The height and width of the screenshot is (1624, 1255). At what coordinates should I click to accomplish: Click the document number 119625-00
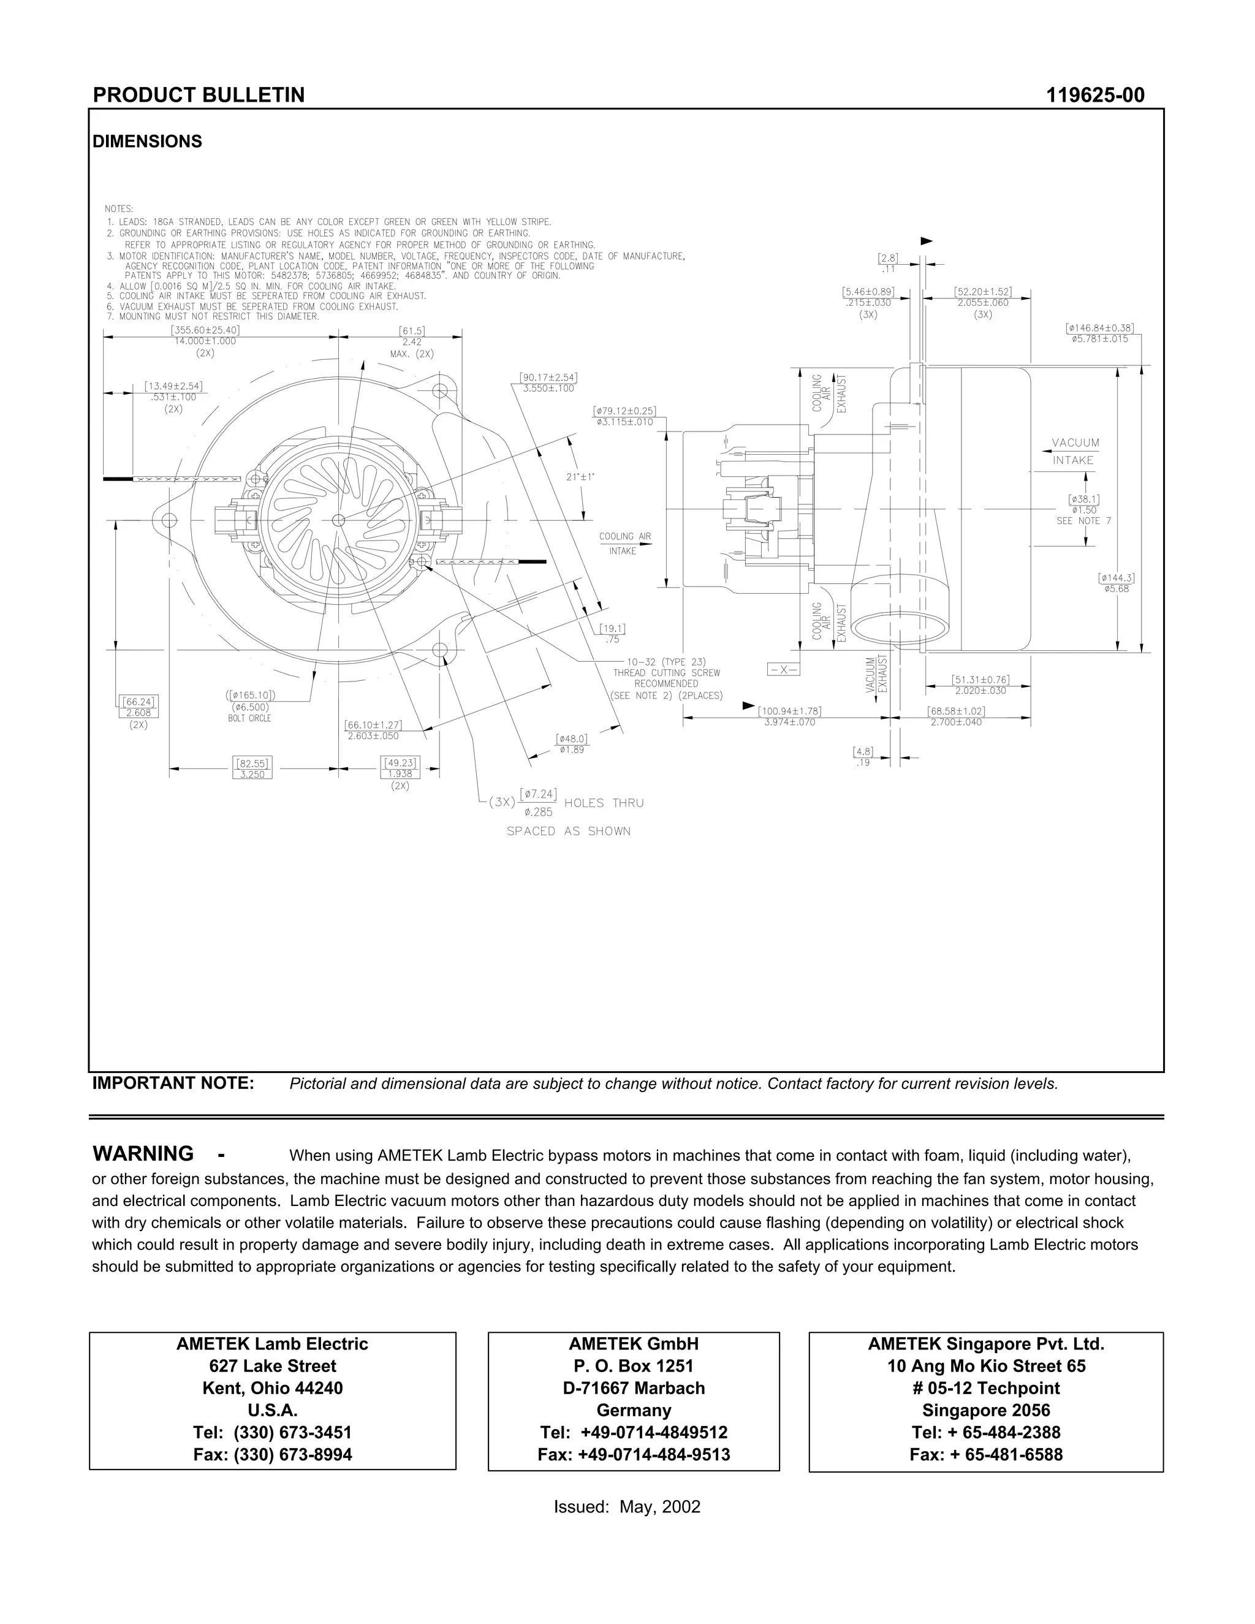click(1094, 95)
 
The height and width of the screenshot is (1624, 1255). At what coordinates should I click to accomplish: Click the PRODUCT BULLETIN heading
click(199, 95)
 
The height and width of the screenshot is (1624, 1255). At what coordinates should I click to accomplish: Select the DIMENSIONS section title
click(147, 142)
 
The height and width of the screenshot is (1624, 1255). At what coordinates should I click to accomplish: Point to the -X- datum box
click(783, 669)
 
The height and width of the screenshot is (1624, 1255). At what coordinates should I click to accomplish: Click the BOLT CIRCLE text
click(249, 718)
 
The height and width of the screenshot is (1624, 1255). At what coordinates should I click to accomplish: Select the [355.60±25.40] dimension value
click(205, 330)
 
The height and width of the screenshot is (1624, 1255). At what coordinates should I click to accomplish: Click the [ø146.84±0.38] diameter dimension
click(1099, 328)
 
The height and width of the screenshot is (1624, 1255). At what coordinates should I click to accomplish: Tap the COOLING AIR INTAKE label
click(624, 544)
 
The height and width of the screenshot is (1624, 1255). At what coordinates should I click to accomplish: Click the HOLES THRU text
click(604, 803)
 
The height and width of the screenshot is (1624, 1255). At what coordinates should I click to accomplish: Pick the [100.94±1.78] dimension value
click(789, 711)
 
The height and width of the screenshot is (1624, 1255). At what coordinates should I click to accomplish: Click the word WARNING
click(143, 1153)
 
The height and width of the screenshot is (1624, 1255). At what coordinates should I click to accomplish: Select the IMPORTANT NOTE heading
click(173, 1083)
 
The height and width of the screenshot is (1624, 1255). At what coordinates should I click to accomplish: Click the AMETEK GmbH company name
click(634, 1344)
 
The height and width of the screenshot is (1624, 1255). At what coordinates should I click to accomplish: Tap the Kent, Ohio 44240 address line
click(272, 1387)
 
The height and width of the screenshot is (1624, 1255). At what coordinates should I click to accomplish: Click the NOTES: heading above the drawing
click(119, 209)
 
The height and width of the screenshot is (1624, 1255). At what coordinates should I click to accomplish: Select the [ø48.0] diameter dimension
click(572, 739)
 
